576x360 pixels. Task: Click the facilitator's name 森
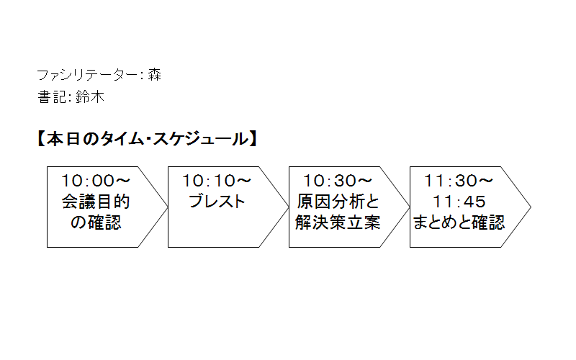(155, 75)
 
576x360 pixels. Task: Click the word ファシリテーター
(87, 75)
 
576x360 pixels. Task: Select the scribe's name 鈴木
(90, 97)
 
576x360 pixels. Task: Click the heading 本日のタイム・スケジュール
(148, 139)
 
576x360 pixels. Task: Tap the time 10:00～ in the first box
(96, 181)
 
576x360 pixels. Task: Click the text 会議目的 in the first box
(96, 202)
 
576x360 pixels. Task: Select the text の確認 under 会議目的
(96, 222)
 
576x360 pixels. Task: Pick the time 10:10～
(217, 181)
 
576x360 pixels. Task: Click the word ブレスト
(217, 202)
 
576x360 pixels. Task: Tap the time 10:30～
(338, 181)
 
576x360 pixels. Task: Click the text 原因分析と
(338, 202)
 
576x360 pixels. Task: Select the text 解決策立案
(338, 222)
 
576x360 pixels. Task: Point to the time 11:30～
(459, 181)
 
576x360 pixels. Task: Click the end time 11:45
(459, 202)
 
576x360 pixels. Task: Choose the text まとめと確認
(459, 222)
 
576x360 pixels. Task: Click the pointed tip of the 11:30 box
(531, 207)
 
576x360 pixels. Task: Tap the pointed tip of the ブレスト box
(289, 207)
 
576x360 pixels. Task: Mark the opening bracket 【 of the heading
(41, 139)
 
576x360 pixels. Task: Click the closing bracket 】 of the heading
(253, 139)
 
